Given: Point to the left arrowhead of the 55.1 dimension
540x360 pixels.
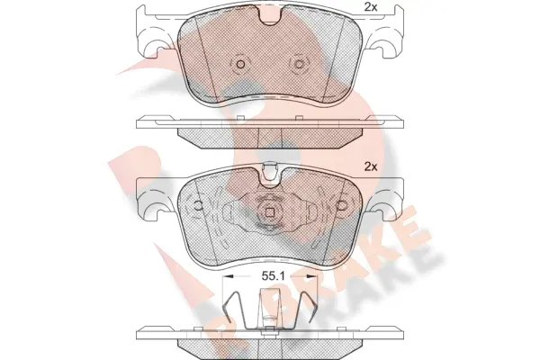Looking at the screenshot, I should (x=226, y=280).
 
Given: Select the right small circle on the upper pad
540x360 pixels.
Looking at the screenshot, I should (x=301, y=65).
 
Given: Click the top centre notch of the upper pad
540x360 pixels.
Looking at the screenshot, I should (x=269, y=17).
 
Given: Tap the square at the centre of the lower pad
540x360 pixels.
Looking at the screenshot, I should (x=270, y=211).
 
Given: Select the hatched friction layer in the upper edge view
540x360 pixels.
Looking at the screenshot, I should (x=270, y=136).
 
